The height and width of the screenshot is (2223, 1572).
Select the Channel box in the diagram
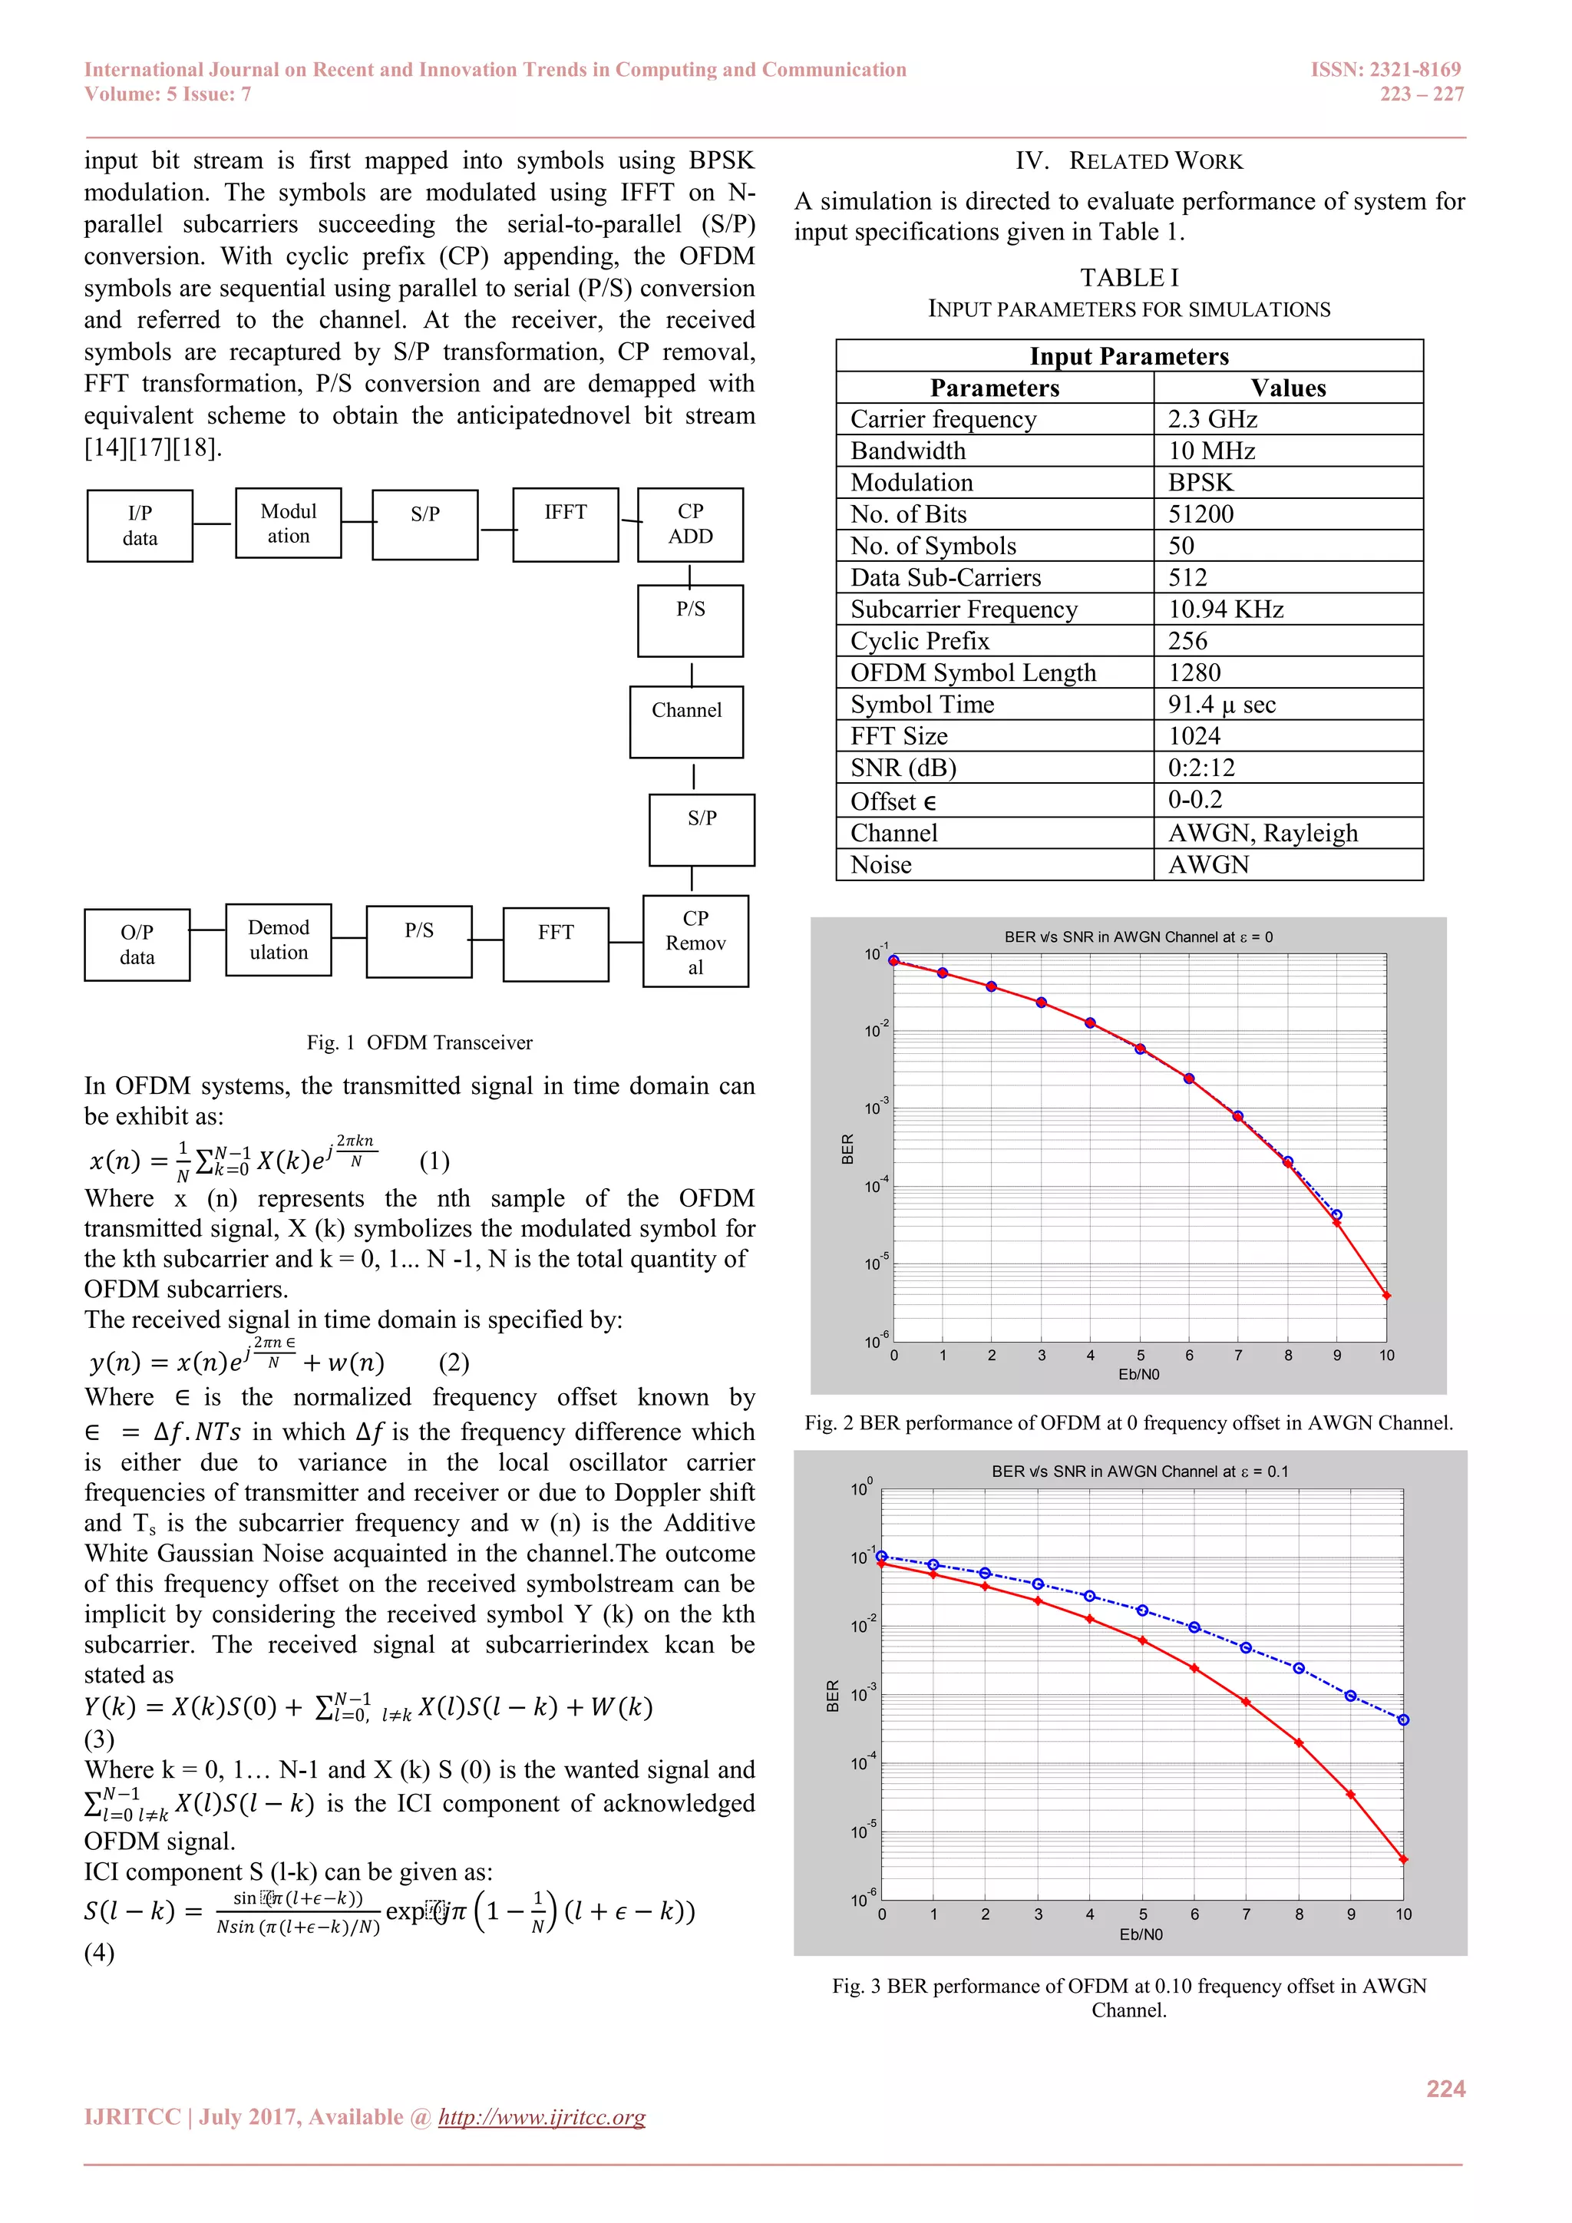click(x=686, y=722)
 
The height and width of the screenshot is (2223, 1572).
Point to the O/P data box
click(x=137, y=944)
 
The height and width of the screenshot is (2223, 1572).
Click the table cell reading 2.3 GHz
click(x=1212, y=419)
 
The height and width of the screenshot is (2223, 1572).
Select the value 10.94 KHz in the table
click(x=1226, y=609)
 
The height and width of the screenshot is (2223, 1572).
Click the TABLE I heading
click(x=1128, y=278)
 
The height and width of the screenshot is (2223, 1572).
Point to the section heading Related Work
click(x=1128, y=160)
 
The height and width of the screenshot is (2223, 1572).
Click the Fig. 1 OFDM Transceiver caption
click(x=419, y=1042)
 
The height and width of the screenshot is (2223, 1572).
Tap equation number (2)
click(x=454, y=1363)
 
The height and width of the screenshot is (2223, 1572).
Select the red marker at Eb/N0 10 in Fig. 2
click(x=1386, y=1296)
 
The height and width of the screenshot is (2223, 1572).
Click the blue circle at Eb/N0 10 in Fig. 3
click(x=1404, y=1719)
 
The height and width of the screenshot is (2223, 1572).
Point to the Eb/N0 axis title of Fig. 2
click(x=1138, y=1374)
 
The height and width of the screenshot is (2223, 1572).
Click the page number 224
click(x=1445, y=2089)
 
